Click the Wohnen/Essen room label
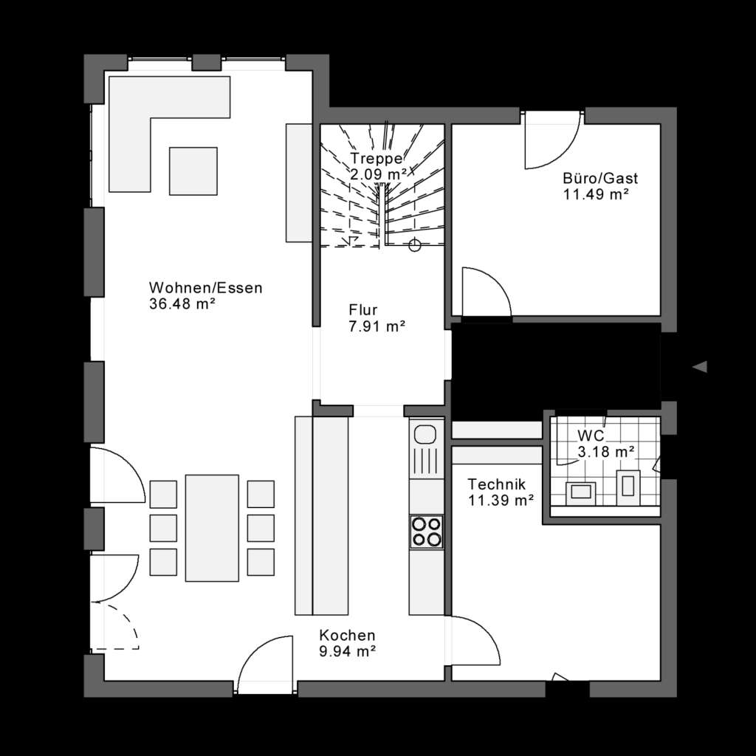click(x=205, y=288)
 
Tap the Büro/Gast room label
click(x=589, y=179)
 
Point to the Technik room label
click(x=497, y=484)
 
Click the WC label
click(x=591, y=436)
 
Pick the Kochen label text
click(x=347, y=635)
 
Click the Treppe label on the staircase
click(x=377, y=159)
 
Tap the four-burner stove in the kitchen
click(x=427, y=531)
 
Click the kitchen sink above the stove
click(x=426, y=450)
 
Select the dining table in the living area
click(x=212, y=528)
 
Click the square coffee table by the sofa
click(x=193, y=171)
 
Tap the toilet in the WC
click(x=629, y=485)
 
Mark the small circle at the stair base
click(x=414, y=246)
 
